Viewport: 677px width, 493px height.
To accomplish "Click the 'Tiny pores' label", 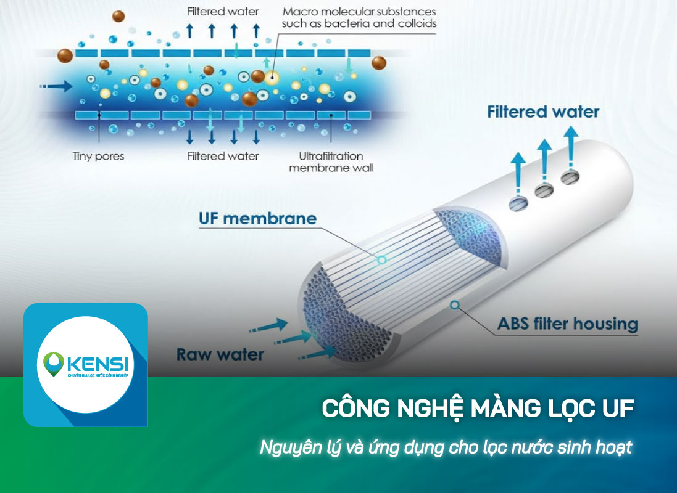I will click(x=98, y=156).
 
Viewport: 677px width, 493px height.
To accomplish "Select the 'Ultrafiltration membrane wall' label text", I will click(x=331, y=161).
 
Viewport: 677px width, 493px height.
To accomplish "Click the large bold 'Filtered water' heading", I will click(x=543, y=112).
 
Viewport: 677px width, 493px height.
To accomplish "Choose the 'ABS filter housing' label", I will click(x=568, y=323).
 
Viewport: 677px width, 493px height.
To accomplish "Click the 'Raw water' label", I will click(x=220, y=354).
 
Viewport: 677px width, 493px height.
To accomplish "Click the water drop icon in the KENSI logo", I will click(x=52, y=363).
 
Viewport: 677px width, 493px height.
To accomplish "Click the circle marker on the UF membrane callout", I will click(x=382, y=260).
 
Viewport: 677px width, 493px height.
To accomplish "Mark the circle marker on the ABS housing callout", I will click(x=455, y=304).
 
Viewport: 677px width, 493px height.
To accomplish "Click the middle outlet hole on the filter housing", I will click(x=543, y=189).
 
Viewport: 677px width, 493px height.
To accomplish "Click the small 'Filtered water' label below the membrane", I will click(x=223, y=156).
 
